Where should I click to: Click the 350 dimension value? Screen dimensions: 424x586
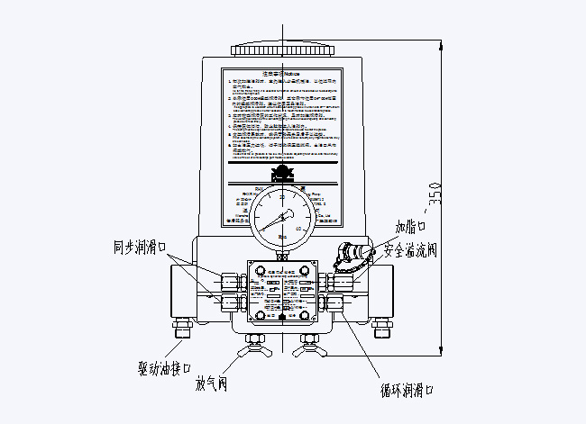(x=435, y=194)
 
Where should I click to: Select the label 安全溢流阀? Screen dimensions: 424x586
(x=410, y=249)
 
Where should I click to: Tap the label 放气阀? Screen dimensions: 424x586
(x=212, y=385)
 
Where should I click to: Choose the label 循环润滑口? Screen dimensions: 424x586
(x=407, y=390)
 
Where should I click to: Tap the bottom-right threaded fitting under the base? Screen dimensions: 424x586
(x=384, y=329)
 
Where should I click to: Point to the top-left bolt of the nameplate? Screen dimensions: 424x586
(x=260, y=272)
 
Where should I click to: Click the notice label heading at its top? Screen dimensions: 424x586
(x=283, y=76)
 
